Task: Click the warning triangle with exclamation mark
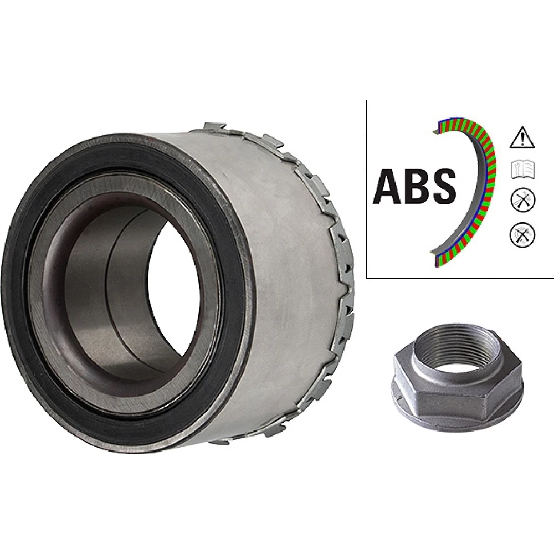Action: click(x=522, y=137)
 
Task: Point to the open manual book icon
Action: click(x=524, y=170)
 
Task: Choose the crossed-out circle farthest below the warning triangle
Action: click(x=523, y=234)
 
